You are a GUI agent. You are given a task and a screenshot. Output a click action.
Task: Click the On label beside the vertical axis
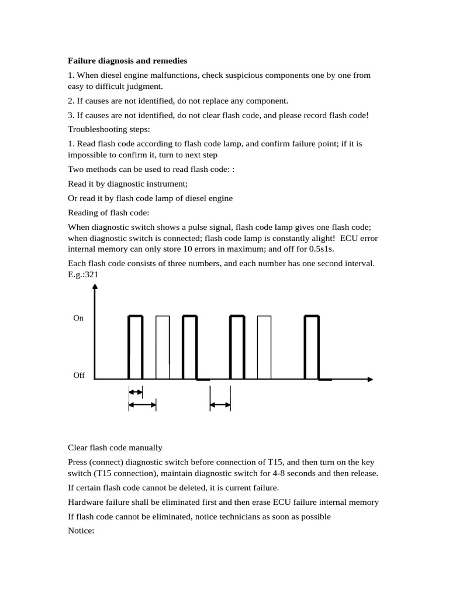click(x=78, y=318)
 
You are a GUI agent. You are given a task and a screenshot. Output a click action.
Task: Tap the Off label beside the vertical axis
click(x=79, y=376)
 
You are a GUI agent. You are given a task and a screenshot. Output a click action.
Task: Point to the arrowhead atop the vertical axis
click(x=95, y=288)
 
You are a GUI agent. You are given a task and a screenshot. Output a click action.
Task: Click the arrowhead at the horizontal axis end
click(x=369, y=379)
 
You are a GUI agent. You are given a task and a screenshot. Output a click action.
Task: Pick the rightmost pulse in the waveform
click(x=312, y=347)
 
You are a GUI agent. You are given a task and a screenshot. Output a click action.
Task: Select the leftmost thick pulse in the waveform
click(x=135, y=347)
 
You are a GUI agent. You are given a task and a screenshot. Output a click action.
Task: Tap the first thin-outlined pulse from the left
click(x=163, y=347)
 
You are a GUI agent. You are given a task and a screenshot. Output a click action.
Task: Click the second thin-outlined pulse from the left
click(x=264, y=347)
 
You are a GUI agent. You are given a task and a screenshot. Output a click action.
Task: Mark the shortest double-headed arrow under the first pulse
click(x=135, y=392)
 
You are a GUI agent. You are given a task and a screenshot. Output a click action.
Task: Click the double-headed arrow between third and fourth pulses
click(x=220, y=404)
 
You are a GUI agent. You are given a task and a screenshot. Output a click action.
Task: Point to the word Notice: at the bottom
click(x=81, y=531)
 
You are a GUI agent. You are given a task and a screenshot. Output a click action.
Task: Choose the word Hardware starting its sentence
click(x=86, y=502)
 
